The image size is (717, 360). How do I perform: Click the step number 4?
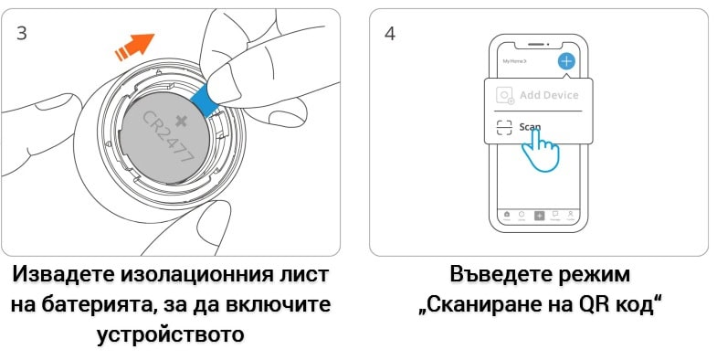click(x=391, y=33)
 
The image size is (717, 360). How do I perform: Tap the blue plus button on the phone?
click(x=566, y=61)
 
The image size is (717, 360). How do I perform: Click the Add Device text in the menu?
click(x=548, y=95)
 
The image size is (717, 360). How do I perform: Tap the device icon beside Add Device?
click(x=503, y=96)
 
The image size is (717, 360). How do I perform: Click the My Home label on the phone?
click(x=515, y=61)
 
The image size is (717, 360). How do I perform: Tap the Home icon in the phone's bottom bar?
click(x=507, y=216)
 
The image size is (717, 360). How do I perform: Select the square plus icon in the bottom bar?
click(x=539, y=216)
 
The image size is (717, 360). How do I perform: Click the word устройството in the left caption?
click(x=171, y=333)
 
